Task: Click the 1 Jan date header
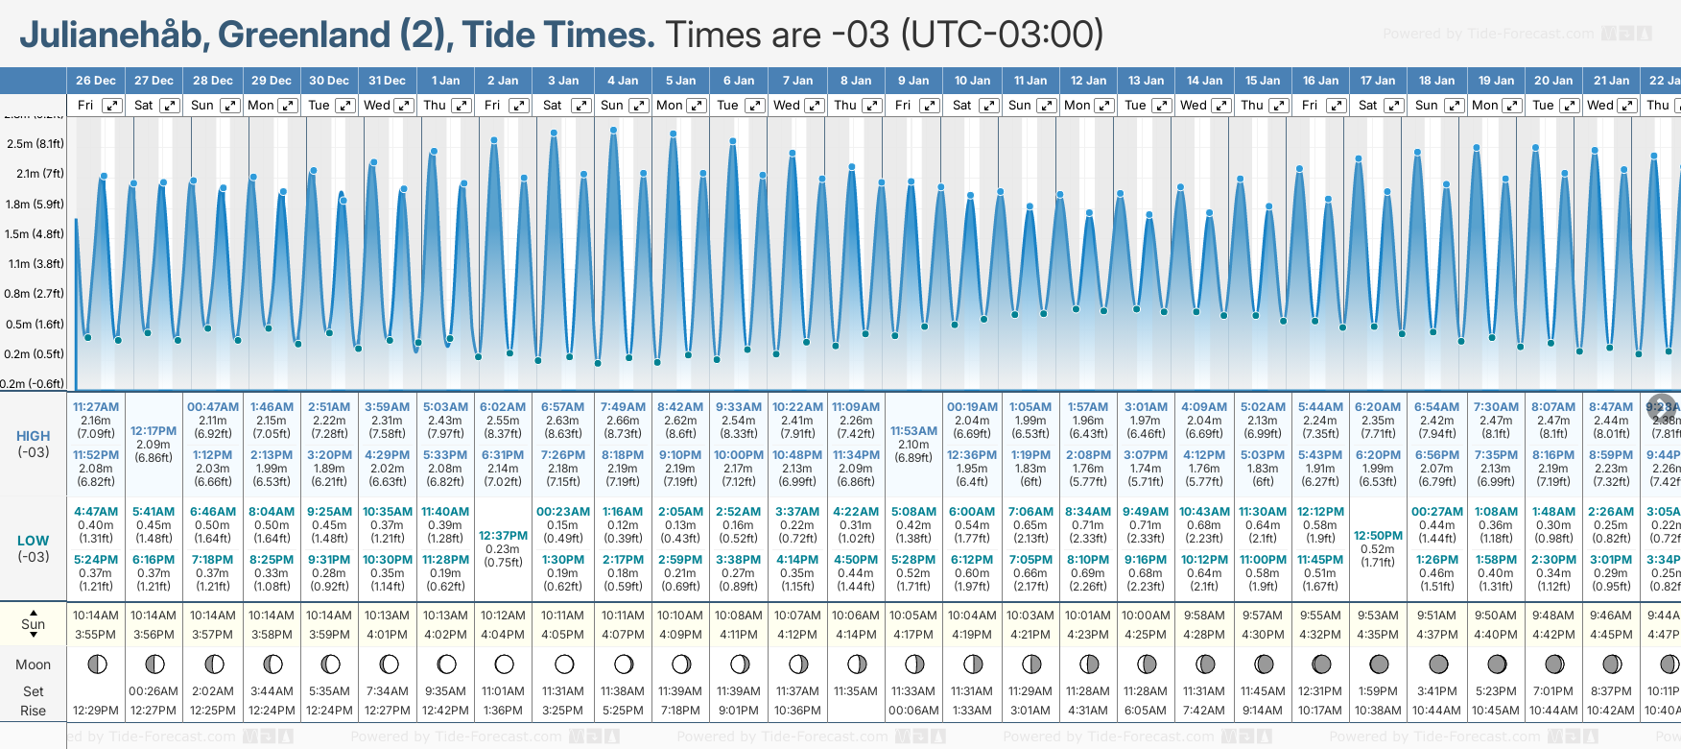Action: [445, 81]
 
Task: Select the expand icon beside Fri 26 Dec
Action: [112, 106]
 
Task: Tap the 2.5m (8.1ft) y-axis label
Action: [35, 144]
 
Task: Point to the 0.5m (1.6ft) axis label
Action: [35, 325]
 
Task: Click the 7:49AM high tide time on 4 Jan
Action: [623, 407]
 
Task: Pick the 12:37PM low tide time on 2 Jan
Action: [503, 536]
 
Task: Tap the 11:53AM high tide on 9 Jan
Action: [913, 431]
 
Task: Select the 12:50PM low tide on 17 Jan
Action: [1378, 536]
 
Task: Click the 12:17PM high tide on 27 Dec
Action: [154, 431]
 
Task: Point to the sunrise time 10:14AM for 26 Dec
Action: [96, 616]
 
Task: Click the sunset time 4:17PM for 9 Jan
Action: [913, 635]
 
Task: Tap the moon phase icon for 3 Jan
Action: [564, 664]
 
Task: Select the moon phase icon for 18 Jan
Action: [1438, 664]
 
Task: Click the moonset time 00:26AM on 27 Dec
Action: [154, 691]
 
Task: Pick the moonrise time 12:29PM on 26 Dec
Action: [96, 711]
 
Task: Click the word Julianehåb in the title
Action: [111, 35]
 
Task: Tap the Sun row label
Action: [34, 624]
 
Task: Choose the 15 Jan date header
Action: [1263, 81]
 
